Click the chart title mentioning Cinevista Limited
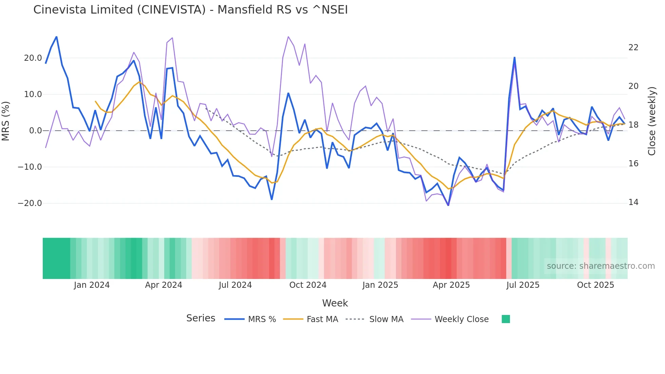(190, 10)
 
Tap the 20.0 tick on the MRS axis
(33, 58)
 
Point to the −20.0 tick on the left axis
(30, 203)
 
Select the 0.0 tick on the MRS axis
(35, 131)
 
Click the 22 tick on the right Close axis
(633, 48)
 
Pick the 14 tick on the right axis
(633, 202)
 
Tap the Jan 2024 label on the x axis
(92, 285)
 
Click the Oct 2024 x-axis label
(308, 285)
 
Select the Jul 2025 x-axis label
(523, 285)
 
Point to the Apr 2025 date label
(451, 285)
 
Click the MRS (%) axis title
(6, 121)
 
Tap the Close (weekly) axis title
(652, 121)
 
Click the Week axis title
(335, 303)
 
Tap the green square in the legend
(506, 319)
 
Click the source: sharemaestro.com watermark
(601, 266)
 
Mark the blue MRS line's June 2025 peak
(514, 58)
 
